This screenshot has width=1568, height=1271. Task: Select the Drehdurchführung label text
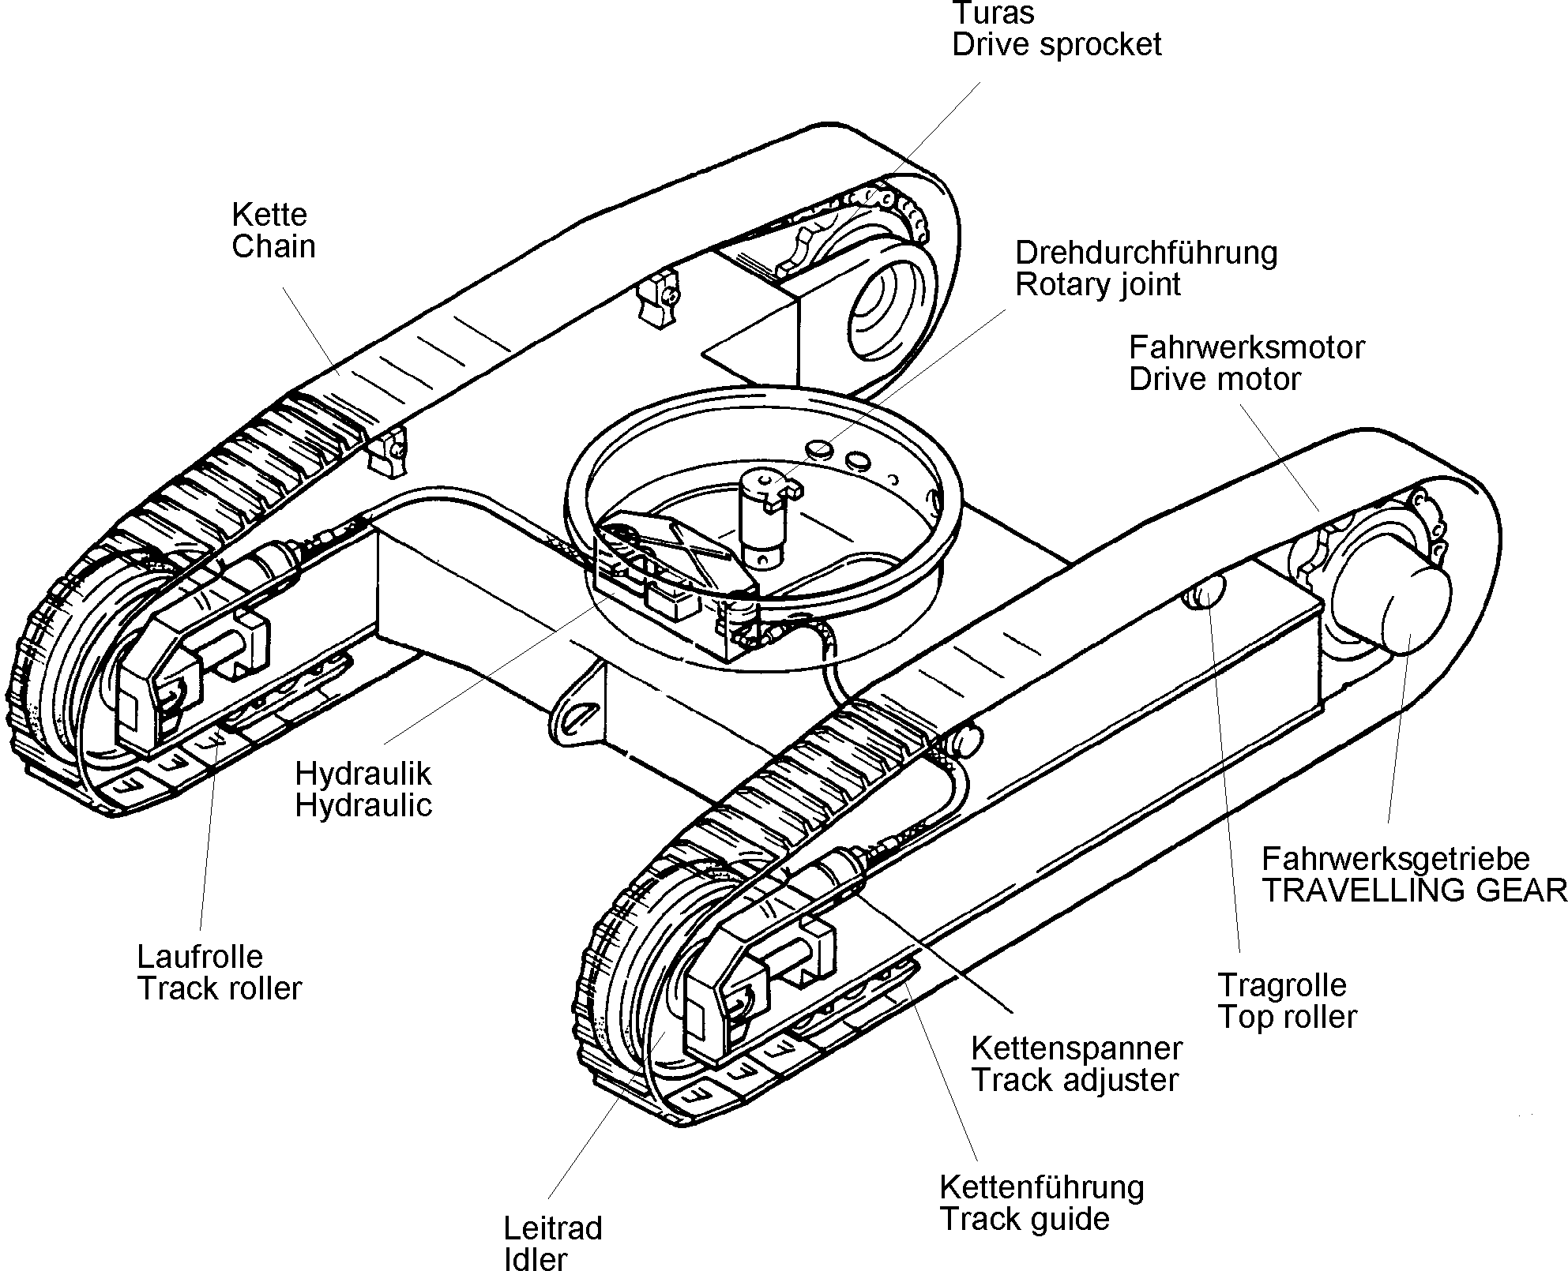coord(1146,253)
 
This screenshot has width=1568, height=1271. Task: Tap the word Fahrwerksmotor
coord(1247,347)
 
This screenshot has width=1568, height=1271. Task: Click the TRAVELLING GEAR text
coord(1415,890)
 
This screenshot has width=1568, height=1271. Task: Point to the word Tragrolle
coord(1281,984)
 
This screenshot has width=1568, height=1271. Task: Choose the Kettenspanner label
coord(1077,1048)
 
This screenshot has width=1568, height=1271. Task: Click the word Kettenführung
coord(1042,1187)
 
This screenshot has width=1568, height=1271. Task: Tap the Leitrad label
coord(553,1228)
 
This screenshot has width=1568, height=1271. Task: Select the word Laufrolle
coord(200,957)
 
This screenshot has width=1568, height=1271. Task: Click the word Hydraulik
coord(363,774)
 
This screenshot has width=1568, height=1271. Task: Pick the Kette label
coord(269,215)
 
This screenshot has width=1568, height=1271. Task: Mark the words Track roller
coord(220,988)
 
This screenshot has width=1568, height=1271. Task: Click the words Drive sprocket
coord(1057,44)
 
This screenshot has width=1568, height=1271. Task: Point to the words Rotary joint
coord(1098,284)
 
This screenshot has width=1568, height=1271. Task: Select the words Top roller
coord(1288,1017)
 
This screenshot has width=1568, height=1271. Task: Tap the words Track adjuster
coord(1075,1080)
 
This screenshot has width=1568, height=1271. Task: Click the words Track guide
coord(1025,1219)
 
